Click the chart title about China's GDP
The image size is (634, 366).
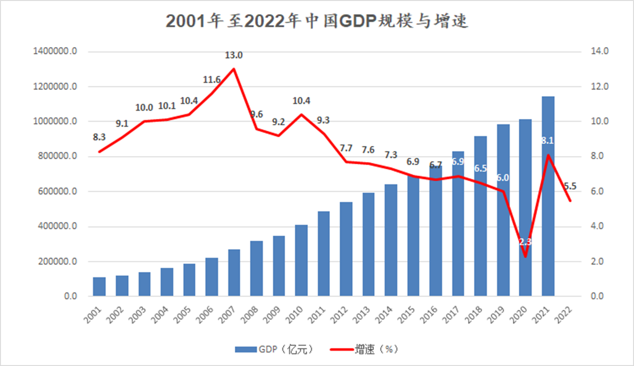pos(316,21)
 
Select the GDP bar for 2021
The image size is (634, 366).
pos(548,196)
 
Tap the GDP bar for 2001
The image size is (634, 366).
pos(99,287)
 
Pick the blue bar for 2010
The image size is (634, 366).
pos(301,260)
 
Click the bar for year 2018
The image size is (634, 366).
pos(481,216)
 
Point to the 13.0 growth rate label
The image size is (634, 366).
pos(234,55)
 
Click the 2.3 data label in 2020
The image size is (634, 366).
pos(525,242)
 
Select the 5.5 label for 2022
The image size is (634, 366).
pos(570,187)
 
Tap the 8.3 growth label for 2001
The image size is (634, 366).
pos(99,137)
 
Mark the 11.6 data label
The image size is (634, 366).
pos(212,80)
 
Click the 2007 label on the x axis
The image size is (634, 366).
pos(228,313)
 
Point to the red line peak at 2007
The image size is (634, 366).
pos(234,69)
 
